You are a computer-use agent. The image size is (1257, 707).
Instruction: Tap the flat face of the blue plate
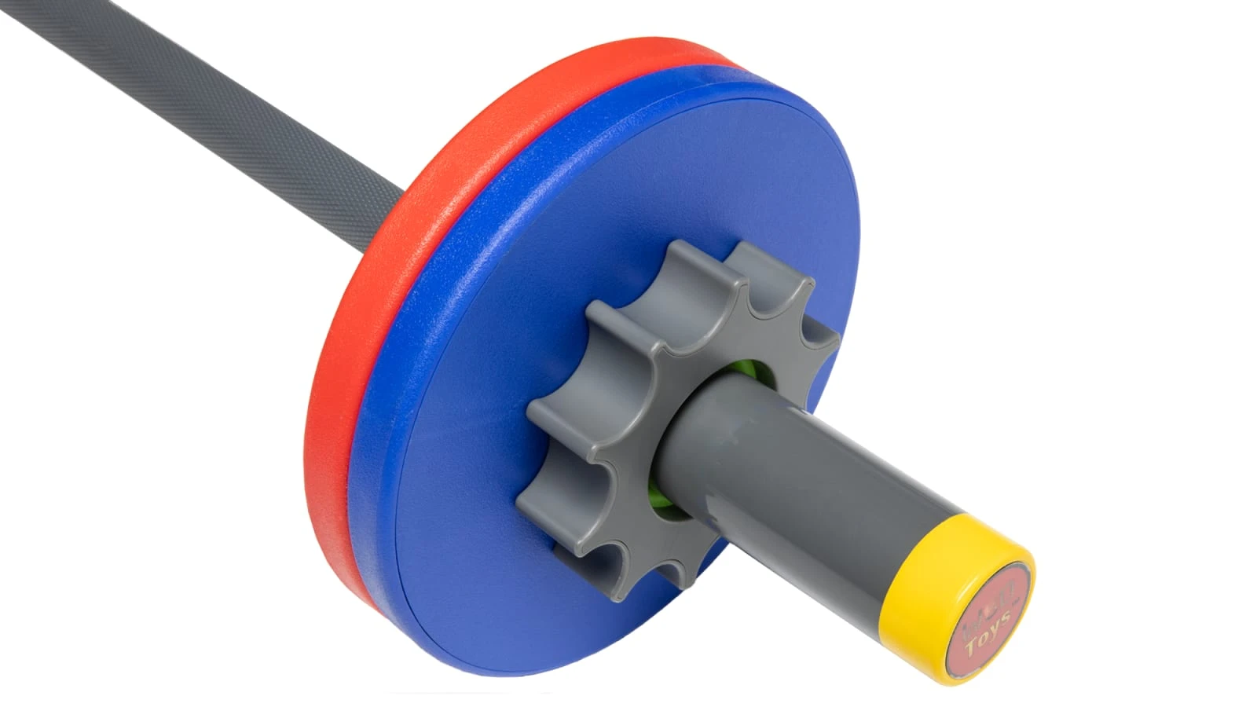pos(707,196)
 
